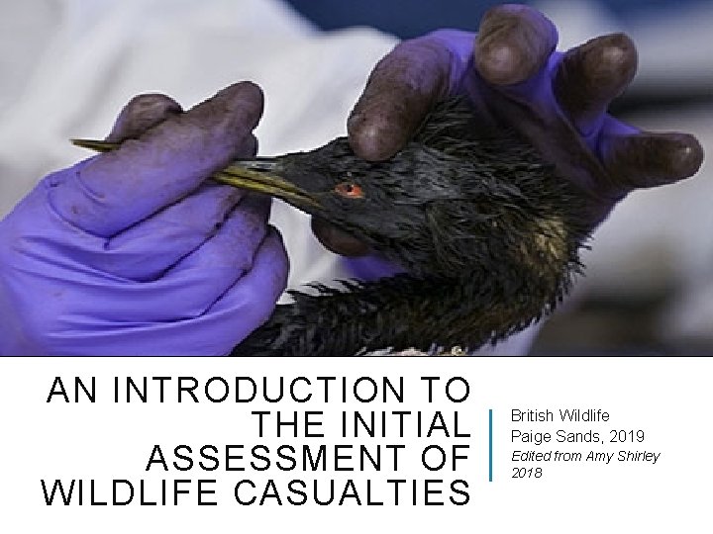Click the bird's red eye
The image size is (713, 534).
point(348,189)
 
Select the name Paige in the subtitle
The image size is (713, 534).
point(530,436)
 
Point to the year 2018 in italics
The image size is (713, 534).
point(526,473)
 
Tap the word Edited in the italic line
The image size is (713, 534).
point(530,456)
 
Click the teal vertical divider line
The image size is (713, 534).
point(492,445)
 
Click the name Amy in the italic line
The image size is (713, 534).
point(599,456)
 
